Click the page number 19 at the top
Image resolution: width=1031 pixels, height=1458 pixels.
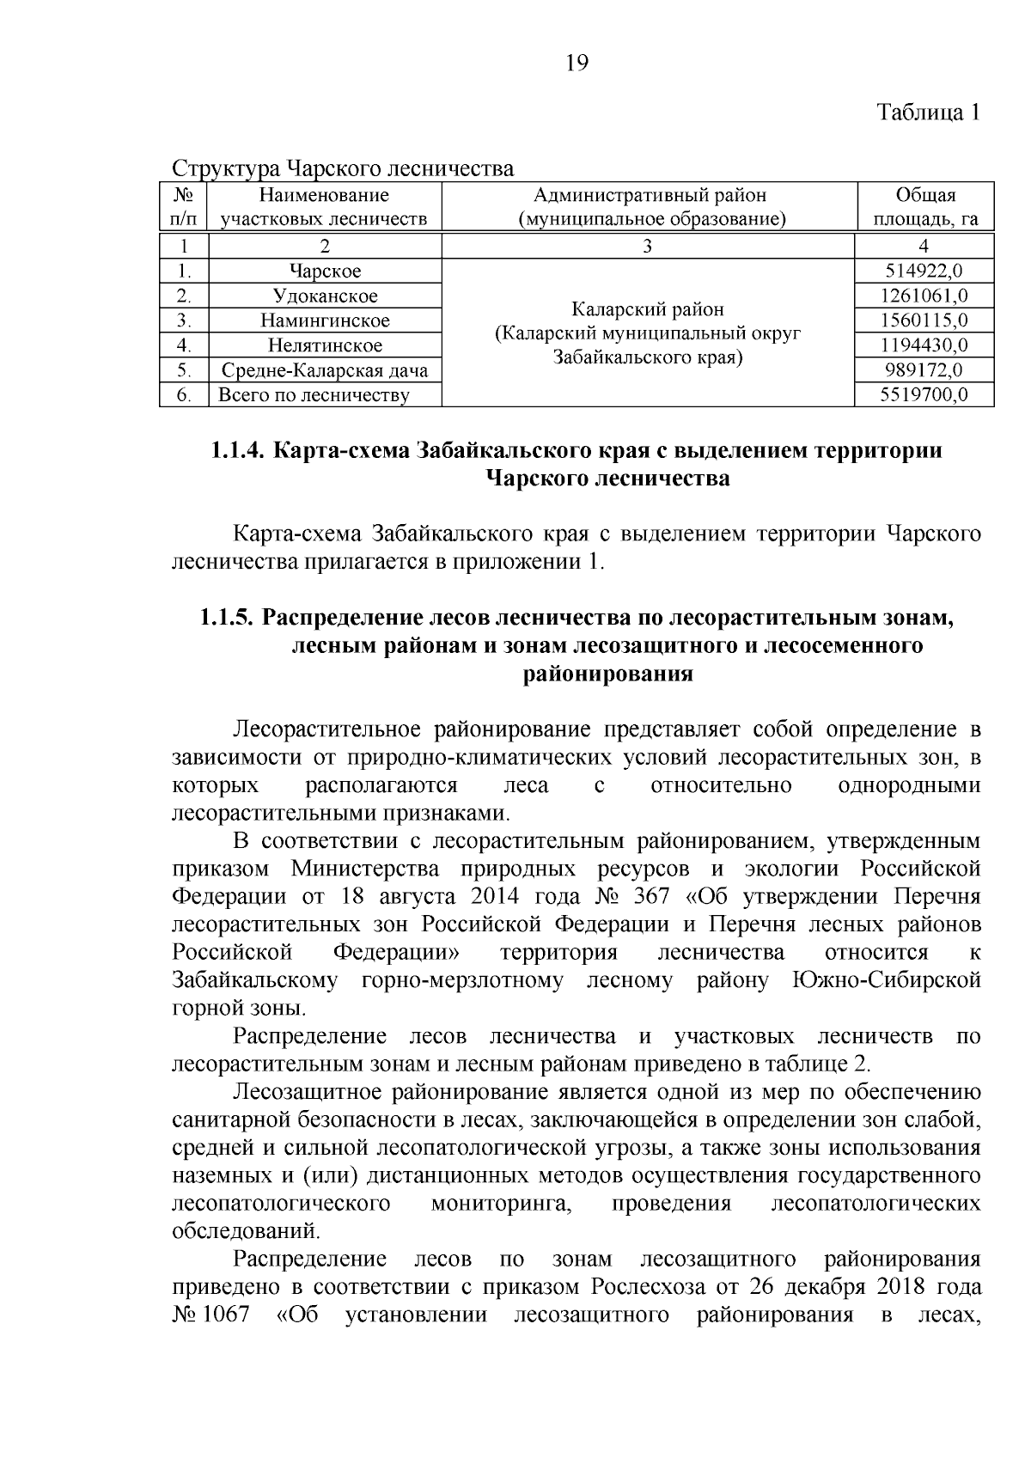[x=577, y=63]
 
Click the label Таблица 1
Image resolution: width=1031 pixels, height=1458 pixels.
[x=928, y=113]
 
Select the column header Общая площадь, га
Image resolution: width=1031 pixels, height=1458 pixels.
[x=924, y=207]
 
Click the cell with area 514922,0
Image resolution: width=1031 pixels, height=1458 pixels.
[x=924, y=271]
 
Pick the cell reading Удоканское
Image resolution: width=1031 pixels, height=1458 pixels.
[x=325, y=296]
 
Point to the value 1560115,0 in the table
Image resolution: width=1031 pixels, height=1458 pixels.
[x=924, y=320]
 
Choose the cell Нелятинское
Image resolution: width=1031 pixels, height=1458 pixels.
[x=325, y=345]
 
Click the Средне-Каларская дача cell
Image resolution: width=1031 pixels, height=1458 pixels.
[x=325, y=370]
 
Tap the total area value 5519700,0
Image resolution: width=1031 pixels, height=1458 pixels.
[x=924, y=395]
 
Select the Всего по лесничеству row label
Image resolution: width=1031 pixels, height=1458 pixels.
[x=314, y=395]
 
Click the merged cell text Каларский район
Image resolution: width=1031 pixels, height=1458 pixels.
[x=648, y=308]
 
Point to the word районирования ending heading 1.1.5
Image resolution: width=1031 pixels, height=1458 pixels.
[x=607, y=674]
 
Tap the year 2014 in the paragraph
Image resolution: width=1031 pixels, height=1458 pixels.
[x=495, y=897]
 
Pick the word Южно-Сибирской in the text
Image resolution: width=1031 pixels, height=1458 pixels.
[x=885, y=980]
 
